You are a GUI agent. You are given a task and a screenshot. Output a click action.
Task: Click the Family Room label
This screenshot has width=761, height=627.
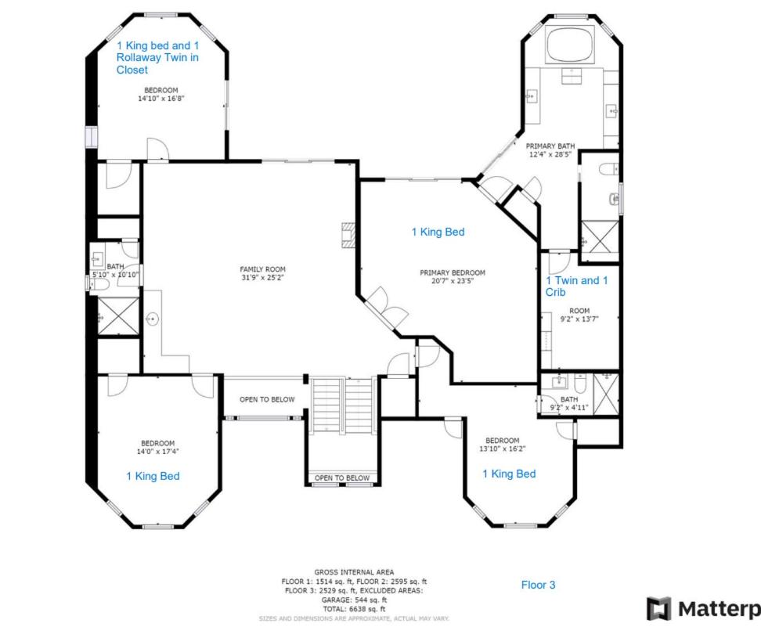click(262, 269)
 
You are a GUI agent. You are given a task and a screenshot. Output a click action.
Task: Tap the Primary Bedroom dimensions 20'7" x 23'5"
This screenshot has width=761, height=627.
click(453, 281)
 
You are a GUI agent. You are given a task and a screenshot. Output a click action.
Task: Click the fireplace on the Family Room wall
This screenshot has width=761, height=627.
click(348, 236)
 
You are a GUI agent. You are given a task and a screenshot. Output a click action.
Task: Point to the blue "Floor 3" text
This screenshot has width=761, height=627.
click(538, 585)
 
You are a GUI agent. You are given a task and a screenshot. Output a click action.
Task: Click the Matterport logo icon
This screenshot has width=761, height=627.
click(658, 608)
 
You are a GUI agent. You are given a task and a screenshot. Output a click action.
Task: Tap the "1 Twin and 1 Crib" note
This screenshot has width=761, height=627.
click(576, 286)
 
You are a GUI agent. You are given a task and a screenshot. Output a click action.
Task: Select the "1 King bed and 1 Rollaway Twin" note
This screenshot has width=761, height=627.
click(157, 57)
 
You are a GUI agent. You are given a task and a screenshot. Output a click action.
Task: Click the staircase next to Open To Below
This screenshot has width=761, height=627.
click(342, 405)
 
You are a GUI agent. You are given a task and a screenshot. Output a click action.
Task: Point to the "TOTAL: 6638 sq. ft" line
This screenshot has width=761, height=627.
click(354, 609)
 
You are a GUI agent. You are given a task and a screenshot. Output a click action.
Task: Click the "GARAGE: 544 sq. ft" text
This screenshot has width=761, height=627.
click(354, 600)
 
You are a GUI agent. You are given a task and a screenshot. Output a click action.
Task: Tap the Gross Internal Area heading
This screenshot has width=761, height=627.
click(354, 572)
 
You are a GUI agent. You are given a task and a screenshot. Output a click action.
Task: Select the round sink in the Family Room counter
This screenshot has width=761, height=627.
click(153, 319)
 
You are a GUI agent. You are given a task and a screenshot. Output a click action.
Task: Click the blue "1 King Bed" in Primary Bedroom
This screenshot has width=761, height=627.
click(438, 232)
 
